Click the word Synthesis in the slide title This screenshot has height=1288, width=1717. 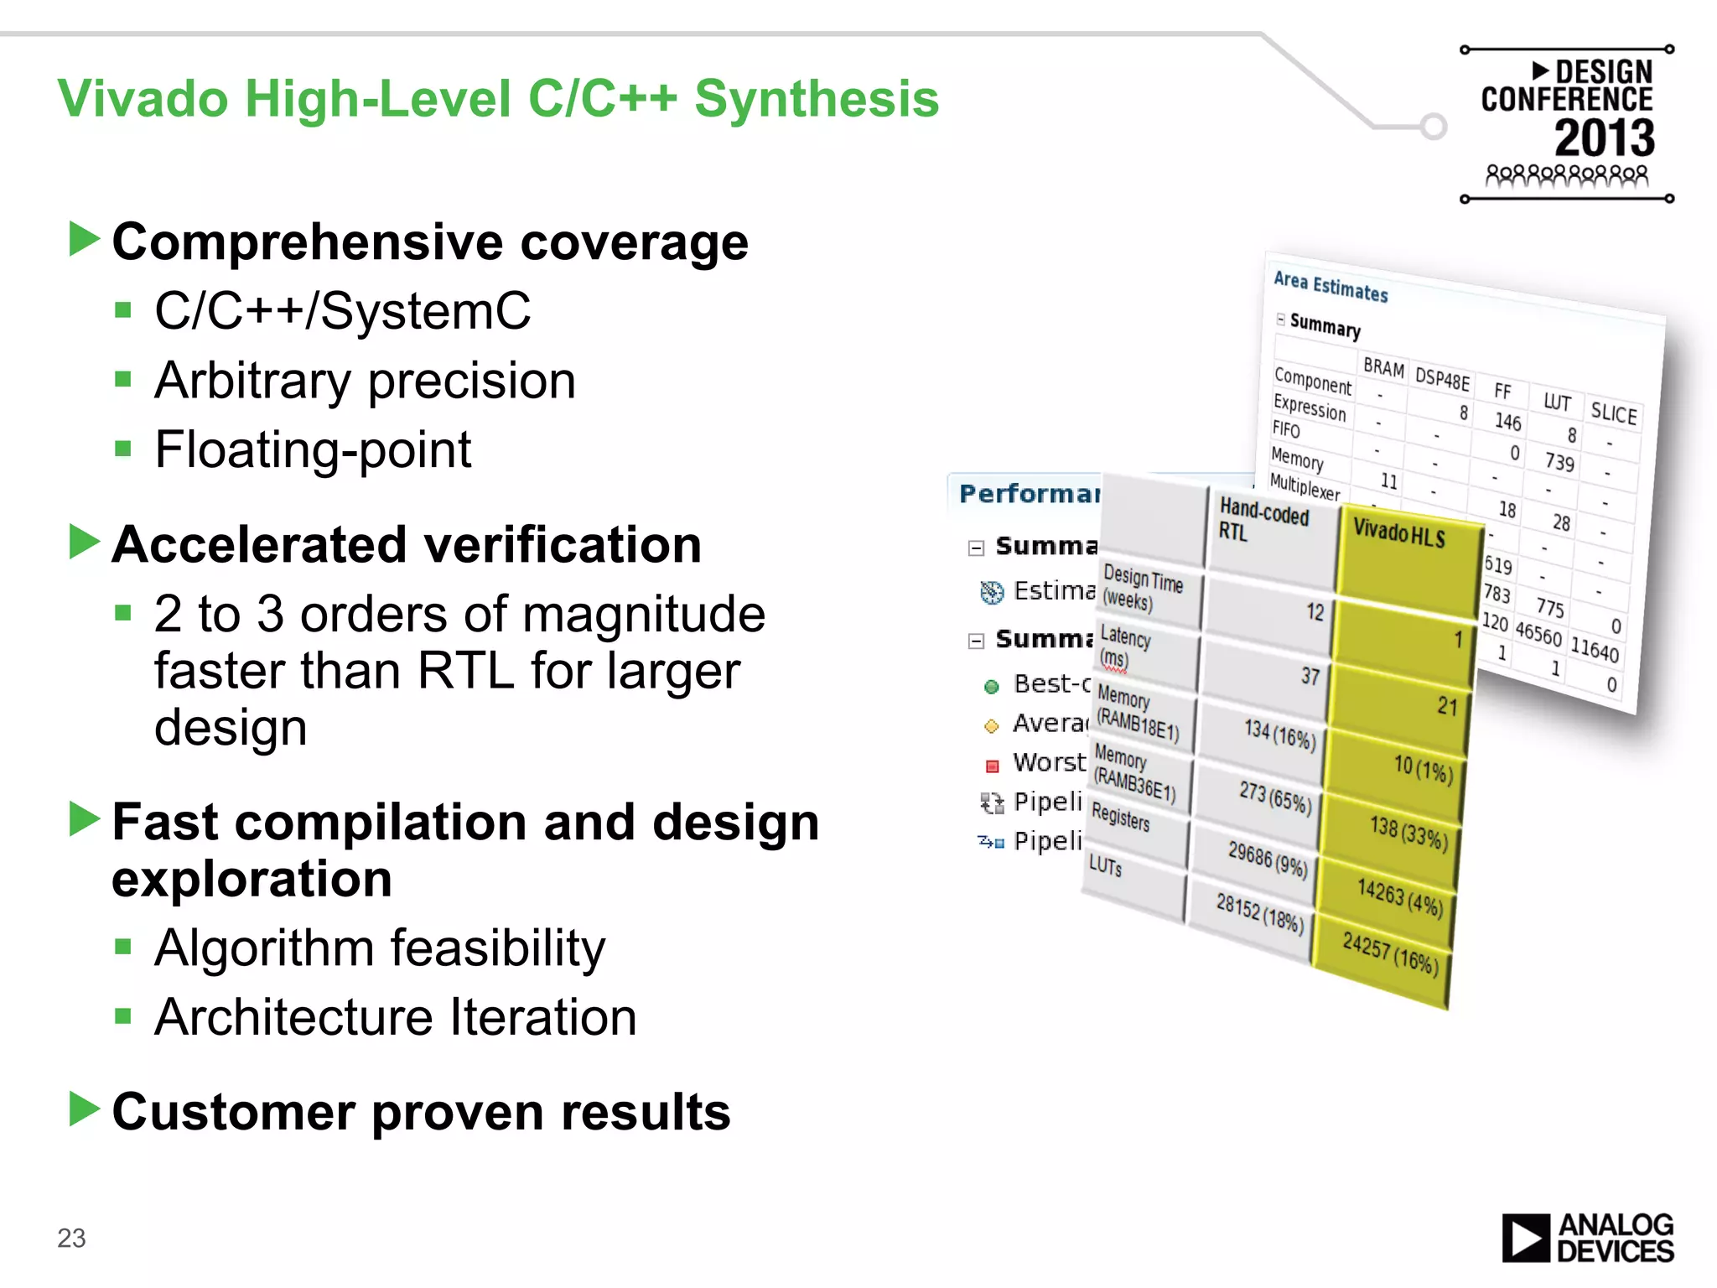click(x=816, y=99)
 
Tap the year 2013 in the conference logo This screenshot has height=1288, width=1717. click(x=1603, y=138)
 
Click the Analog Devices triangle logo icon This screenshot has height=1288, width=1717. click(x=1525, y=1238)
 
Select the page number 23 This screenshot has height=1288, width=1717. click(x=71, y=1238)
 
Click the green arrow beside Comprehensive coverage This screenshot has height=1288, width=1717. click(x=84, y=240)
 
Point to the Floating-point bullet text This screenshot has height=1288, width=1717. click(x=313, y=450)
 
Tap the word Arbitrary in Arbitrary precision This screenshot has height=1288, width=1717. click(x=252, y=382)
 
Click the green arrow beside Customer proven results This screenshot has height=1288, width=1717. click(x=84, y=1109)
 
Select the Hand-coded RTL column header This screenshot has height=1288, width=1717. click(x=1264, y=520)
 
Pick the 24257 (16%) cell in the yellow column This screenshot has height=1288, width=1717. click(x=1389, y=954)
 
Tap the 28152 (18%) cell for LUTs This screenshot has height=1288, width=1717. click(x=1258, y=912)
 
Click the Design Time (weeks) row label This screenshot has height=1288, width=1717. click(x=1142, y=588)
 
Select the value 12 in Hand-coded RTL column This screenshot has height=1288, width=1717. click(x=1314, y=611)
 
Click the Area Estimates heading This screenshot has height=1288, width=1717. click(x=1331, y=287)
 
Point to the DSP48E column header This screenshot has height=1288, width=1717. click(x=1442, y=378)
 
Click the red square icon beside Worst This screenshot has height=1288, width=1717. click(x=992, y=765)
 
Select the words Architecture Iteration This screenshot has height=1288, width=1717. click(x=395, y=1018)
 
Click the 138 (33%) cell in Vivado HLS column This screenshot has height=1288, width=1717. click(x=1408, y=833)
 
